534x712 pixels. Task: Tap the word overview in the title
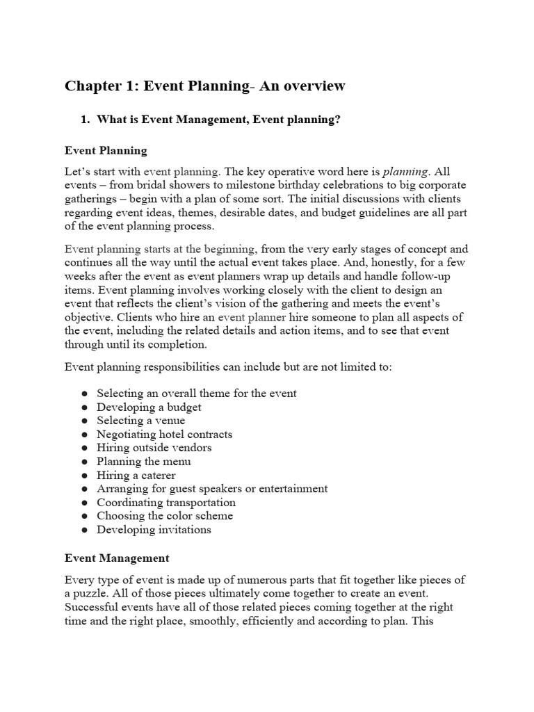point(311,86)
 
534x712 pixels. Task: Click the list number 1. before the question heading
point(86,120)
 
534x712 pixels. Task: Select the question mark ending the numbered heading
point(337,120)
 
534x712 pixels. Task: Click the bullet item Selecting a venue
point(140,421)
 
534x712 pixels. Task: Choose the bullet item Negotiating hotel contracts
point(164,435)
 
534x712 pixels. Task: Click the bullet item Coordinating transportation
point(166,502)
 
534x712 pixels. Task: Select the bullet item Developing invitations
point(154,529)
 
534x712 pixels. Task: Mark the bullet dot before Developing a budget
point(84,407)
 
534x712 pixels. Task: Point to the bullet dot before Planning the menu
point(84,462)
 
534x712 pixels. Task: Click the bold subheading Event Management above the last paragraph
point(116,558)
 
